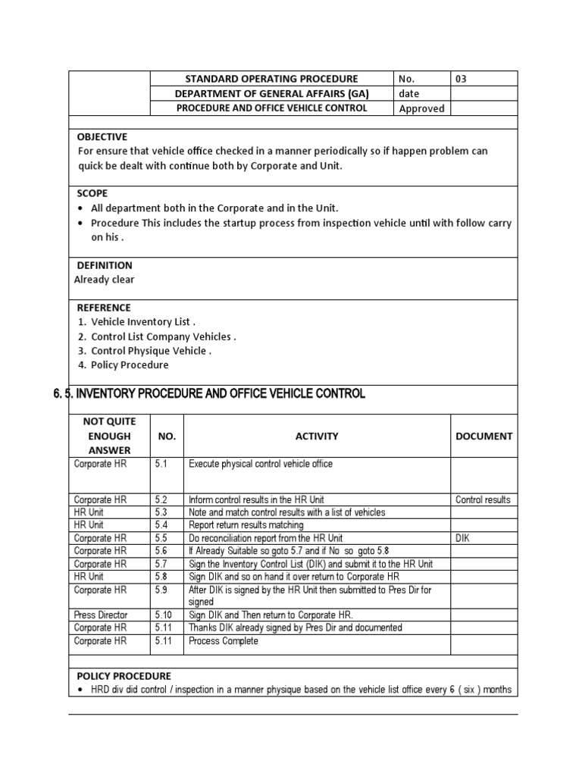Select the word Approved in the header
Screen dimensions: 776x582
point(421,108)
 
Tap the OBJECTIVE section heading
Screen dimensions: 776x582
point(102,136)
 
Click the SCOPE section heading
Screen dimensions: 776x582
point(92,193)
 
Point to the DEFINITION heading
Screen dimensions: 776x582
point(105,265)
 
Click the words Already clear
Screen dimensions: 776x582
point(105,280)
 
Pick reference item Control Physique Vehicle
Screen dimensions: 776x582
point(151,351)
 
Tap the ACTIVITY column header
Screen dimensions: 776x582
point(317,436)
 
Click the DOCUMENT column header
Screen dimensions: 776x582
point(483,436)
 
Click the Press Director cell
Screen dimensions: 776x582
point(101,615)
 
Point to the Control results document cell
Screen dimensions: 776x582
point(483,500)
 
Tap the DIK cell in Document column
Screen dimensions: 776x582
point(464,538)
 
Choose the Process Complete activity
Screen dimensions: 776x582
point(224,641)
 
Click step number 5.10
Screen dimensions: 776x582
point(164,615)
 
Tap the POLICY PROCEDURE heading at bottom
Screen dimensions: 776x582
point(124,676)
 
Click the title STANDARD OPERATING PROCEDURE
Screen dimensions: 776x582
point(272,79)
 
